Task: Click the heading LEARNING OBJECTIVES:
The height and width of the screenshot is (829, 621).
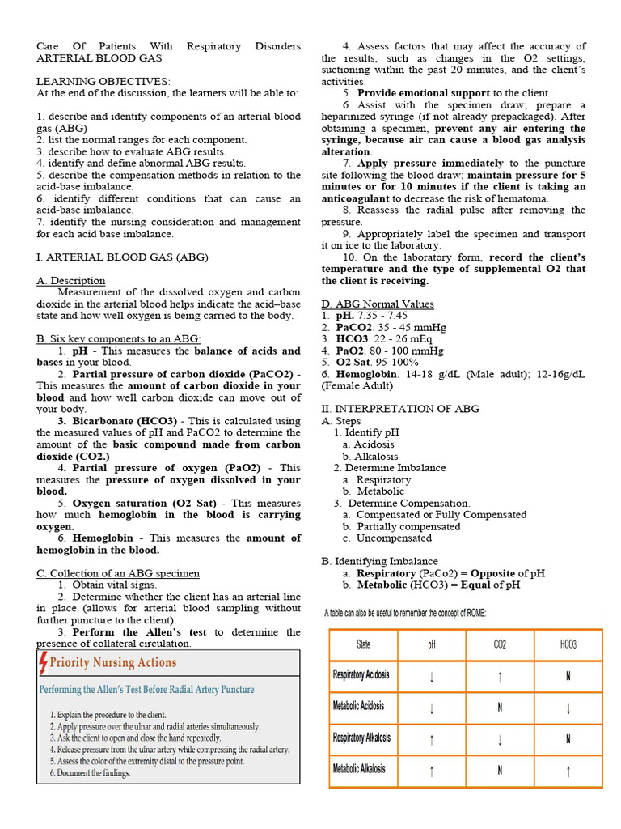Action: click(103, 82)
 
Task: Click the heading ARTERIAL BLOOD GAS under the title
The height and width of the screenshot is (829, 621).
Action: click(99, 58)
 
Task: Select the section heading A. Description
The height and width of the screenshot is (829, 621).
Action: click(71, 281)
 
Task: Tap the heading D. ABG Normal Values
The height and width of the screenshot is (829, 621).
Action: click(378, 304)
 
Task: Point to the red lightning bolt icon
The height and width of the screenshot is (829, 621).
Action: click(44, 663)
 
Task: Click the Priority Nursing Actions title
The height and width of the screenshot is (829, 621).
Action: click(113, 663)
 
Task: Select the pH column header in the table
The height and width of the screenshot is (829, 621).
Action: click(431, 644)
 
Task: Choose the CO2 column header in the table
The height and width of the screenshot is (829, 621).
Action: click(500, 644)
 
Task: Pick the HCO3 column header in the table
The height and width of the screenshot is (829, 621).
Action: click(568, 644)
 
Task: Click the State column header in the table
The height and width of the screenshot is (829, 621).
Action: click(364, 644)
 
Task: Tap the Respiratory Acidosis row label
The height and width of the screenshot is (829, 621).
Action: click(361, 675)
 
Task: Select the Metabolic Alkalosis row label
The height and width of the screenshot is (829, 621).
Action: click(360, 769)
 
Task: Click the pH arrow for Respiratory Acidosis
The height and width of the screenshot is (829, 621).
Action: click(432, 676)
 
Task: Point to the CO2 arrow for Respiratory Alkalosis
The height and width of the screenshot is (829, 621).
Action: click(500, 738)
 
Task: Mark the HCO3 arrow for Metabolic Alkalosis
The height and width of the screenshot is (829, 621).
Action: click(568, 770)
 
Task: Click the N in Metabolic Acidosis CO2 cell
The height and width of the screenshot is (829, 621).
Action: click(500, 708)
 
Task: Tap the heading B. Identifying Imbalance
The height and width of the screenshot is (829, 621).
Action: click(379, 561)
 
